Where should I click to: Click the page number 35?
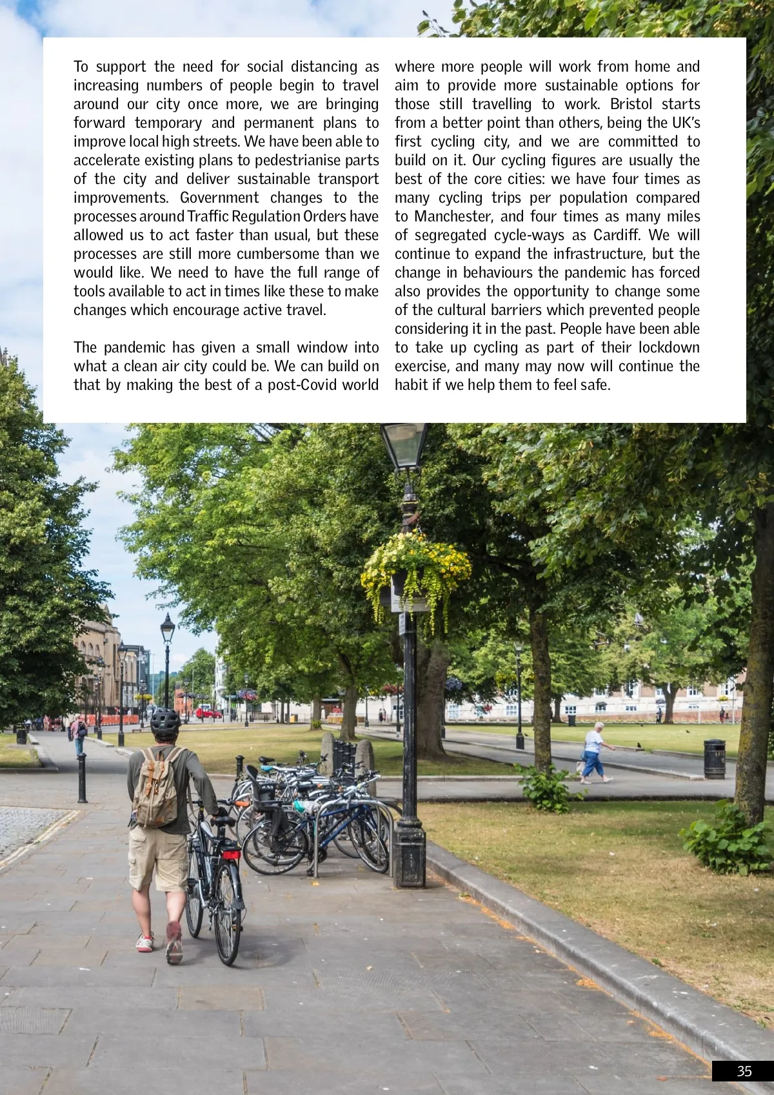(x=744, y=1071)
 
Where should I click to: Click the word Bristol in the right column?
(x=631, y=104)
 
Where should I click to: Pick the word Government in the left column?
(x=219, y=198)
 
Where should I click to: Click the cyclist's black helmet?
(x=164, y=721)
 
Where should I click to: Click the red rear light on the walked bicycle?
(x=231, y=855)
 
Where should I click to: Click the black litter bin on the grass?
(x=714, y=759)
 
